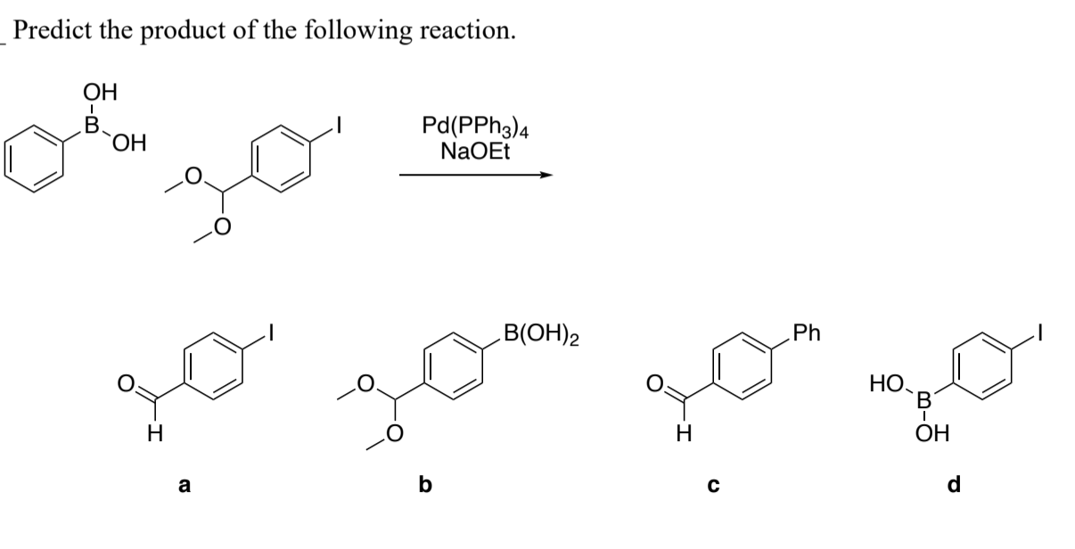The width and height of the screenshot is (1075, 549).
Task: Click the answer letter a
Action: coord(184,485)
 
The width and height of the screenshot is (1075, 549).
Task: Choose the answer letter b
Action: coord(425,485)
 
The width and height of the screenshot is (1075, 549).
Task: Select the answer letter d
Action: coord(954,485)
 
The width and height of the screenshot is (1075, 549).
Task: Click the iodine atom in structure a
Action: coord(275,336)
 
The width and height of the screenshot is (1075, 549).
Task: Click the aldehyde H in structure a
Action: coord(153,436)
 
